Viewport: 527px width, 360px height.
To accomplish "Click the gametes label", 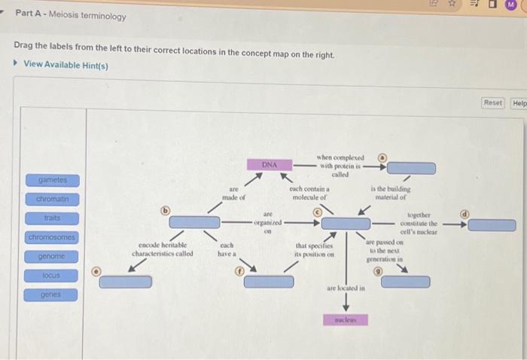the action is point(53,180).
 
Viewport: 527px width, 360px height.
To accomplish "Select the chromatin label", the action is point(53,200).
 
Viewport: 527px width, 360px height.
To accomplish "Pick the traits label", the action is point(53,218).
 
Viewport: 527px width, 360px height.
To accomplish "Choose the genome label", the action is point(53,257).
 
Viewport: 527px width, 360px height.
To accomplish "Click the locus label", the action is point(53,276).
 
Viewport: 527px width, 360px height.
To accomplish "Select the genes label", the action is point(53,294).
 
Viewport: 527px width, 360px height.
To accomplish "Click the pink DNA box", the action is point(269,163).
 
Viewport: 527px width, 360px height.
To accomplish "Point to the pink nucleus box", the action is point(345,319).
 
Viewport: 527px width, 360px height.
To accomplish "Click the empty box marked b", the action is point(194,221).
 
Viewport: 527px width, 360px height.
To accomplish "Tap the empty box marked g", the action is point(405,282).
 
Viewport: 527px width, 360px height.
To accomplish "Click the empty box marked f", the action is point(269,281).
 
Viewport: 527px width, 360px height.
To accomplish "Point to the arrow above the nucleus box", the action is point(346,301).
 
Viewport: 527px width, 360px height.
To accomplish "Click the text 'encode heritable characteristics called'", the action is point(162,249).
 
